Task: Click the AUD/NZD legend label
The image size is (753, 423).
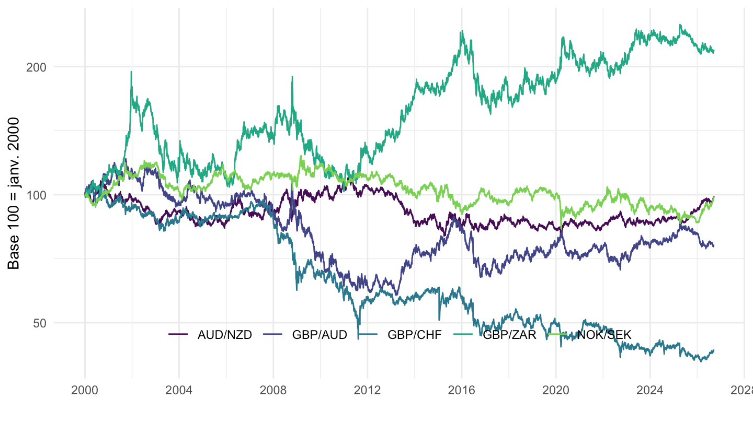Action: coord(224,335)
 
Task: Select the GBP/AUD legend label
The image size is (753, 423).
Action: coord(320,335)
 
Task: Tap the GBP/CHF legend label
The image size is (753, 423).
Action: coord(415,335)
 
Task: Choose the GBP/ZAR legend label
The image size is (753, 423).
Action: coord(509,335)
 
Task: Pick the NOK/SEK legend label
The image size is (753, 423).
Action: coord(604,335)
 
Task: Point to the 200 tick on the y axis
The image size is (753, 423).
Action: coord(36,67)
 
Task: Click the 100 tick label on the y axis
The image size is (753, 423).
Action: coord(36,195)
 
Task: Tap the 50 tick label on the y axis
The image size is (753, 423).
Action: coord(40,323)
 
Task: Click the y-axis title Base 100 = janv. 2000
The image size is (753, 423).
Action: coord(14,193)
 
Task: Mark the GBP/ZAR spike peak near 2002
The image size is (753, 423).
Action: coord(131,72)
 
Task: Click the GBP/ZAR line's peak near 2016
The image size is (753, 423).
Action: coord(462,30)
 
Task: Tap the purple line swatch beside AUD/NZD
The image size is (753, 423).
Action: coord(178,334)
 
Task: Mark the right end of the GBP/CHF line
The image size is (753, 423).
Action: coord(714,350)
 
